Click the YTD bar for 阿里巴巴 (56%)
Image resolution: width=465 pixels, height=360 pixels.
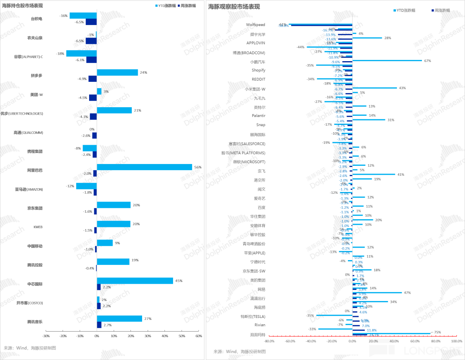pos(144,167)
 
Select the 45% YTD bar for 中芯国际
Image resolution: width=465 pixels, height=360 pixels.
pos(135,281)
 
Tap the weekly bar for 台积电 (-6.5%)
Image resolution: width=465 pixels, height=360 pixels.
pos(91,22)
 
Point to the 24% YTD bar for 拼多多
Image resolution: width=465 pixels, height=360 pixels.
pos(117,72)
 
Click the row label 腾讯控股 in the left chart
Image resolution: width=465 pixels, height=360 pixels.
pos(35,265)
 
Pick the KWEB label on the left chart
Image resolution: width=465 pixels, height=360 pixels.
pos(37,227)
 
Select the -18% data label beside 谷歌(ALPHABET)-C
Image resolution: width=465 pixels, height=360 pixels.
pos(60,53)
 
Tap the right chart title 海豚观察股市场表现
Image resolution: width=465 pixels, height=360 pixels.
pos(234,7)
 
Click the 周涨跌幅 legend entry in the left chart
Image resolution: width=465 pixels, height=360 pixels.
pos(186,6)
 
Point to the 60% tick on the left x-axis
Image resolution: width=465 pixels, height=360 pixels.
pos(198,336)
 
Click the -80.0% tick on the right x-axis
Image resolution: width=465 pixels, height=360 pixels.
pos(269,341)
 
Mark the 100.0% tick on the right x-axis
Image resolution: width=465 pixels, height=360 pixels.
pos(456,341)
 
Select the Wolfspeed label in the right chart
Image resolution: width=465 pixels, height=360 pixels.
pos(255,25)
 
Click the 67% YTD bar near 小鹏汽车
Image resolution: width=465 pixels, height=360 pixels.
pos(387,60)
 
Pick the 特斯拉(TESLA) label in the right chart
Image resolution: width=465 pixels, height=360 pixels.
pos(253,316)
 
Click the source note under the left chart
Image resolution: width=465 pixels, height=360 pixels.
pos(30,348)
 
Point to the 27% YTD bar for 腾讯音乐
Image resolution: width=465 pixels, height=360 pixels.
pos(119,319)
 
